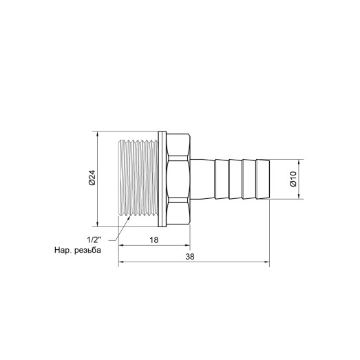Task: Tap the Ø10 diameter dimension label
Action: (292, 180)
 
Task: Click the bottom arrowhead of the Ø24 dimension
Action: (99, 222)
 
